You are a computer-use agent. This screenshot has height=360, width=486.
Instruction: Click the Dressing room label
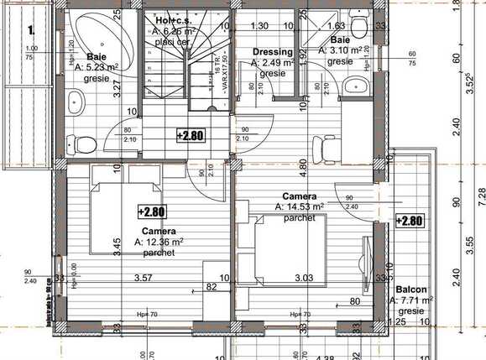[x=273, y=52]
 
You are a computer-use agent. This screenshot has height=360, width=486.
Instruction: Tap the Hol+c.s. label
[x=173, y=19]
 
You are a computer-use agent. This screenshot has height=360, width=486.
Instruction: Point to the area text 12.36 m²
[x=159, y=242]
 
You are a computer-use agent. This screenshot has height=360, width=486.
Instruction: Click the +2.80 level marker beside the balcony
[x=410, y=221]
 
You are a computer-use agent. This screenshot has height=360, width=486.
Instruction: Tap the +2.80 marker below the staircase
[x=191, y=134]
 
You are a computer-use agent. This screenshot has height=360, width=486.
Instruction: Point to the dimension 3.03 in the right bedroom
[x=303, y=277]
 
